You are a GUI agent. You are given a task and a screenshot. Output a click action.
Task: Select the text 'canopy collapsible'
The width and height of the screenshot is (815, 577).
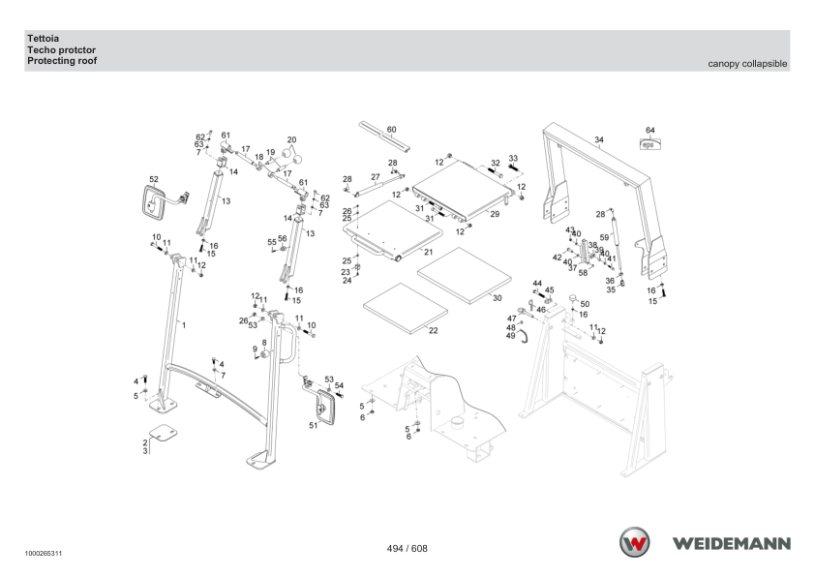[x=748, y=63]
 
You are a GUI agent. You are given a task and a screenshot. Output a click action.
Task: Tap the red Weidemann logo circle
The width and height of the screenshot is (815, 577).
[x=636, y=541]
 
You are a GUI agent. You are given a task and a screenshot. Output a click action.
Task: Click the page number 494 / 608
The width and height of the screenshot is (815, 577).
[x=407, y=548]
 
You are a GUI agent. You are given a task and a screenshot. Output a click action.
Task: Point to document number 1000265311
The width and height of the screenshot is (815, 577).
[x=40, y=555]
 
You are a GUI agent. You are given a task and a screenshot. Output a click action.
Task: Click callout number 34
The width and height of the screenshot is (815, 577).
[x=599, y=140]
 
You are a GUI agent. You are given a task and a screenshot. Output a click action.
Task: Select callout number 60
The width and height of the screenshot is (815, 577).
[x=391, y=129]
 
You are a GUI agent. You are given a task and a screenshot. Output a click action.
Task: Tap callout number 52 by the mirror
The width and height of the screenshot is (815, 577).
[x=153, y=180]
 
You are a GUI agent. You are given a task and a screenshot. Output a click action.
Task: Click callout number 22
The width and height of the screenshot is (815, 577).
[x=434, y=331]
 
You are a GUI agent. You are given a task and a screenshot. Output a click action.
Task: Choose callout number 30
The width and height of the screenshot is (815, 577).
[x=498, y=297]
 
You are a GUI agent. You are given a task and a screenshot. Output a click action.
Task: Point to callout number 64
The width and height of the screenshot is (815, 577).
[x=650, y=130]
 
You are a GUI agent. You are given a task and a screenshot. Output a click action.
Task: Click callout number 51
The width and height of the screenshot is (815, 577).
[x=313, y=425]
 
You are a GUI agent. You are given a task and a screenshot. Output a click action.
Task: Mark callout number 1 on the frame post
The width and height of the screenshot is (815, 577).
[x=184, y=325]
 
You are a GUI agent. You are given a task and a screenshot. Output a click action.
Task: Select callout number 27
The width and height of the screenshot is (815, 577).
[x=375, y=177]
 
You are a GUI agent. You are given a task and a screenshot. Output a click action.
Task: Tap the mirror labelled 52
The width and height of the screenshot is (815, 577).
[x=153, y=204]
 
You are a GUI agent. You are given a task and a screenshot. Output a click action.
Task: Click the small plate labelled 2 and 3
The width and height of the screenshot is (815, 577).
[x=162, y=431]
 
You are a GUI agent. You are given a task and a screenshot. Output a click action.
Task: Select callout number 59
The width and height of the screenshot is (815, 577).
[x=604, y=237]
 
